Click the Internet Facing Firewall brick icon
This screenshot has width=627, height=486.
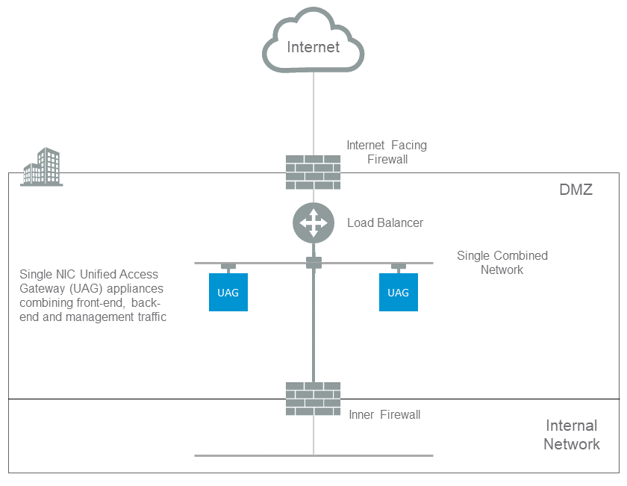point(313,172)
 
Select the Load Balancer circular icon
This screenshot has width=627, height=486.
point(313,222)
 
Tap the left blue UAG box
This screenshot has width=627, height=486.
point(228,292)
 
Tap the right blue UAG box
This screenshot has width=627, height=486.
point(398,292)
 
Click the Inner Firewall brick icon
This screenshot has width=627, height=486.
point(313,399)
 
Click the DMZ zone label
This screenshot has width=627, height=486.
point(575,190)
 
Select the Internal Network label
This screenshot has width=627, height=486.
point(571,435)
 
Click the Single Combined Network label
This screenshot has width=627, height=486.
point(502,262)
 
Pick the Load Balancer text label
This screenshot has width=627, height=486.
point(384,222)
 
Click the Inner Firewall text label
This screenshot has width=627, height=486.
point(384,414)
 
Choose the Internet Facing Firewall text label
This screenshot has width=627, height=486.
point(387,152)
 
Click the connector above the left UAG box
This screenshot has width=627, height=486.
point(228,267)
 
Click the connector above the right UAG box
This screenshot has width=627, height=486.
point(398,267)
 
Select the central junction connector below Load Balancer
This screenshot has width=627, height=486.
point(313,263)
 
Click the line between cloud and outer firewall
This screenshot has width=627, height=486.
point(313,112)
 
